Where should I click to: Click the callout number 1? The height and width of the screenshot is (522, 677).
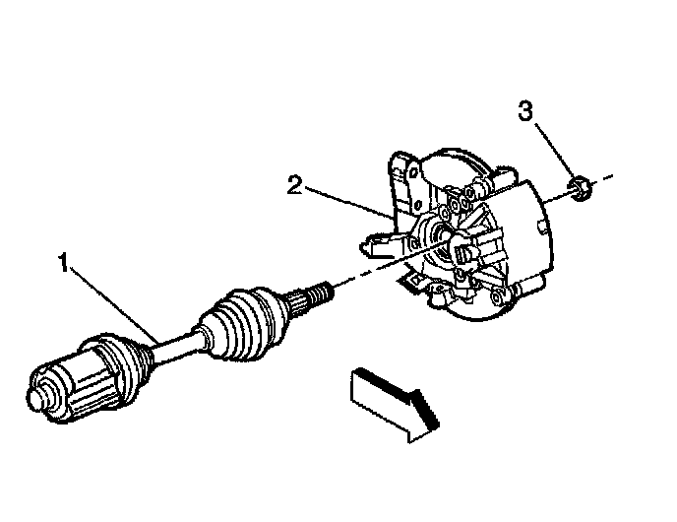pos(64,263)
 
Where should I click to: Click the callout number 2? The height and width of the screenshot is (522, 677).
pos(295,184)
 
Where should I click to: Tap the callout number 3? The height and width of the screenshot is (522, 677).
pos(525,110)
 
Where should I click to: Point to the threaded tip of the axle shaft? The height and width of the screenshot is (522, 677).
pos(321,293)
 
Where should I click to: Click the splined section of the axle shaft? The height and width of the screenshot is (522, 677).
pos(298,303)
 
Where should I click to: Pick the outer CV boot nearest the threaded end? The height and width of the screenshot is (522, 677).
pos(245,322)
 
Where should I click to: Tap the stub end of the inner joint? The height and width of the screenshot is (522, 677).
pos(38,394)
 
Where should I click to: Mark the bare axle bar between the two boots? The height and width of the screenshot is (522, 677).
pos(176,347)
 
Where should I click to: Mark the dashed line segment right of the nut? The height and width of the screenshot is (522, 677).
pos(602,179)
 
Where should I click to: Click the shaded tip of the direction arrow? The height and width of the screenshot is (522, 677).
pos(425,410)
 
